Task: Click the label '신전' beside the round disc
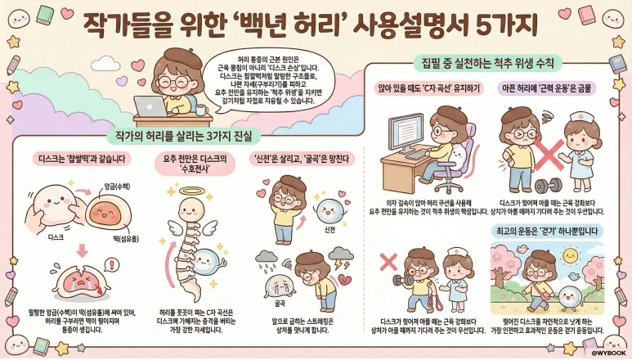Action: click(330, 230)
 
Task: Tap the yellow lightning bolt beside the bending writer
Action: click(342, 264)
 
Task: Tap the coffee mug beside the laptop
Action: click(199, 108)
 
